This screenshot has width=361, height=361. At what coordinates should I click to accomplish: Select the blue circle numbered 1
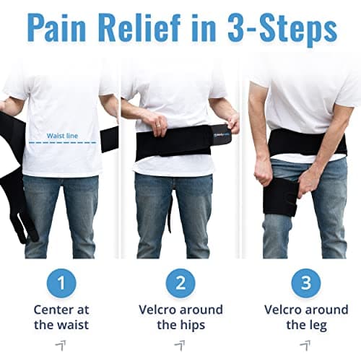(x=63, y=282)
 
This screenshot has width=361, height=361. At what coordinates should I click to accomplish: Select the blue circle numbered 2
(x=180, y=282)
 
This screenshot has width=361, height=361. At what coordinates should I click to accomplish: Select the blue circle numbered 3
(x=297, y=282)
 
